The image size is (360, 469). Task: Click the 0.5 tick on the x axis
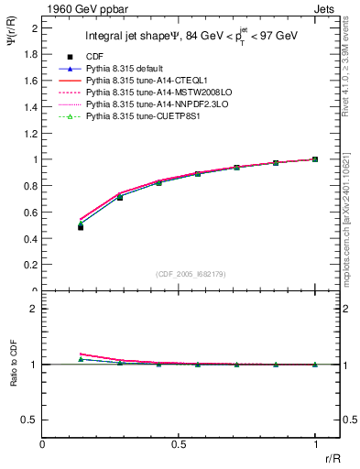[179, 442]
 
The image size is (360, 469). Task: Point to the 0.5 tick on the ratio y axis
[31, 420]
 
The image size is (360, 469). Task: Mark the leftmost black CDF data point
[81, 226]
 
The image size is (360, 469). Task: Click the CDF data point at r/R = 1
[315, 159]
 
